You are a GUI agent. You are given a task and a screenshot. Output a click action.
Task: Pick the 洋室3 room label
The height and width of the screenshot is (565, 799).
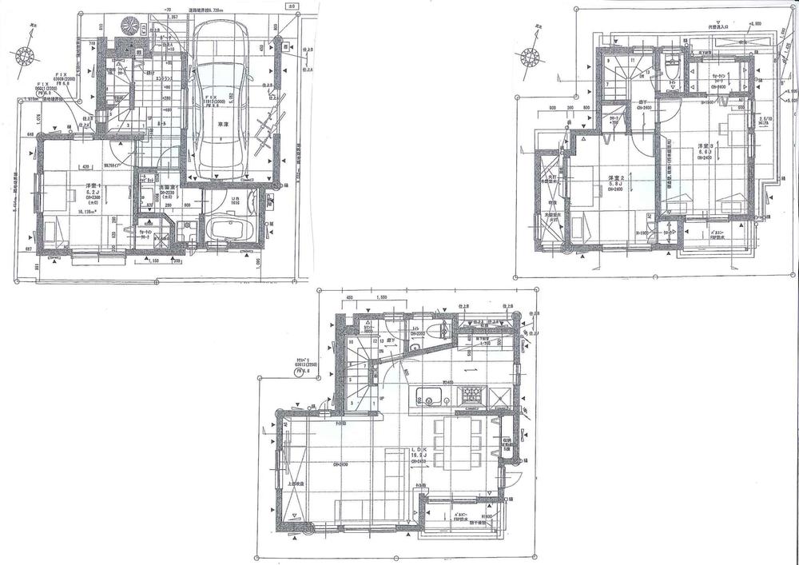point(703,146)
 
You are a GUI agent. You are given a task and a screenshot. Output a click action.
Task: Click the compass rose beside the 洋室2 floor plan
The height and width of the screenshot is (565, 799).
point(529,56)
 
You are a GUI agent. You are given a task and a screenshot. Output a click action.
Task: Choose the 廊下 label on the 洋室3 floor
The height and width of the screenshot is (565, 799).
point(644,101)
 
